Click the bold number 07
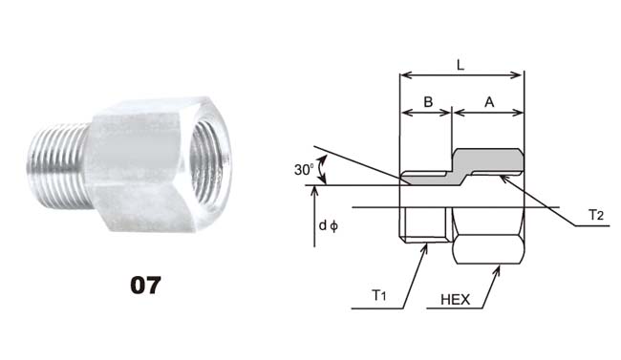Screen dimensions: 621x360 [145, 286]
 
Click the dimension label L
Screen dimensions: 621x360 [460, 65]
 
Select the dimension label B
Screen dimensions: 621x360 [428, 102]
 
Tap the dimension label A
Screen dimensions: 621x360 [489, 102]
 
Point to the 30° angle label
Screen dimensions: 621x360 [304, 170]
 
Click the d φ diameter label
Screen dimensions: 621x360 [329, 225]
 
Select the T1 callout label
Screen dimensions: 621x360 [378, 295]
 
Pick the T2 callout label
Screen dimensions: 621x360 [595, 215]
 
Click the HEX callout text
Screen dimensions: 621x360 [456, 300]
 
